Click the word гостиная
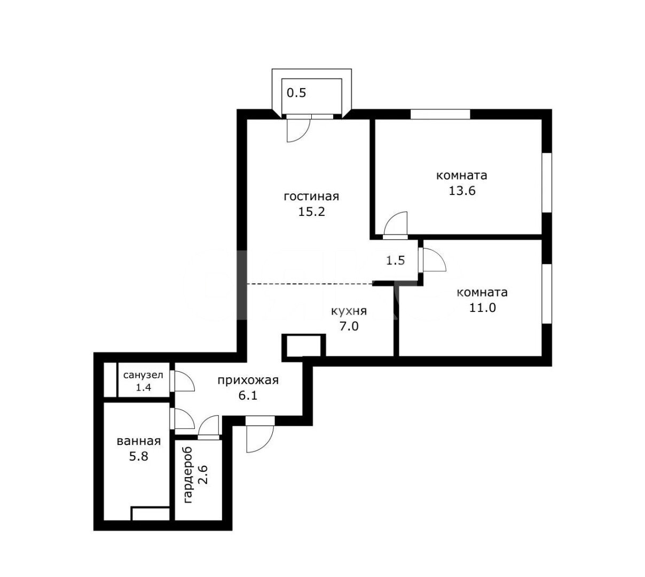coord(311,197)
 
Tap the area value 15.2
coord(311,212)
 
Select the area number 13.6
coord(462,191)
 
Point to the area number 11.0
coord(483,307)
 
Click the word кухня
coord(349,311)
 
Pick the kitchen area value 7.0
coord(349,326)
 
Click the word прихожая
coord(248,380)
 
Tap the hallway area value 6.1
coord(248,395)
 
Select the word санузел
coord(143,376)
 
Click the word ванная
coord(138,441)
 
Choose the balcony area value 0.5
coord(296,93)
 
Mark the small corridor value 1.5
coord(396,261)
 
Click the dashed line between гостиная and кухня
coord(310,283)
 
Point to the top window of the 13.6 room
coord(441,114)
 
